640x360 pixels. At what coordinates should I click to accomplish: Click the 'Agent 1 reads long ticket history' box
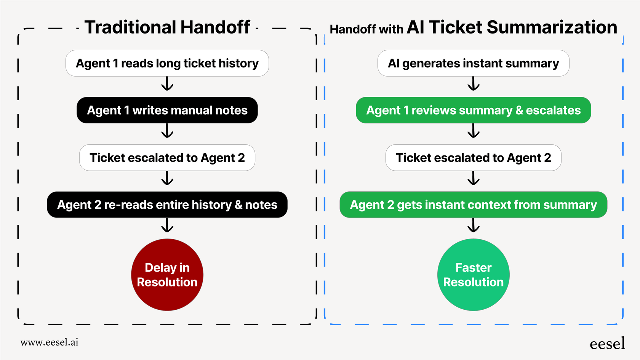[x=167, y=63]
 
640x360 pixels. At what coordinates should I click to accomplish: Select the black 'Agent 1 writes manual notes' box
[x=167, y=110]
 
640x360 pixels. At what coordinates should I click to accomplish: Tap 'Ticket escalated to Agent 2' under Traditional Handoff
[x=167, y=157]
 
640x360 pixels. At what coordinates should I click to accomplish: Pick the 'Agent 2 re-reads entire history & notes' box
[x=167, y=205]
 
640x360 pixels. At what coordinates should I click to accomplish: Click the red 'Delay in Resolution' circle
[x=167, y=275]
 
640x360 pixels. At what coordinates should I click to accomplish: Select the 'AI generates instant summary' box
[x=473, y=63]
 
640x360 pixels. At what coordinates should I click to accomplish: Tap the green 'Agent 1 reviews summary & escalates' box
[x=473, y=110]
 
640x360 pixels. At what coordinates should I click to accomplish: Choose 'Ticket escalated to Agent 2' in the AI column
[x=473, y=157]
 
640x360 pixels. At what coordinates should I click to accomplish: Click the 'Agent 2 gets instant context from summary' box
[x=473, y=205]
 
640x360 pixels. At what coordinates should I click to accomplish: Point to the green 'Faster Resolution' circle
[x=473, y=275]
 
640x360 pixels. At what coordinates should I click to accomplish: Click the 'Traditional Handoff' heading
[x=167, y=27]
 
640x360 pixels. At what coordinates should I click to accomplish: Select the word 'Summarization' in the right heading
[x=552, y=27]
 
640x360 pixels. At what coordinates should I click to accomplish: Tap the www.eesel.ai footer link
[x=50, y=342]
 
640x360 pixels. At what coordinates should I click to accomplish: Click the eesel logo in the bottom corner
[x=607, y=344]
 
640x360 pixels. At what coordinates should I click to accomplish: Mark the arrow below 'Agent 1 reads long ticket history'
[x=167, y=84]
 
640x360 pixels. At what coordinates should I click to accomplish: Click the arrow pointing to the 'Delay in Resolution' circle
[x=167, y=225]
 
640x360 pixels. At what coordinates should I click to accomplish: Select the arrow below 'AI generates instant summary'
[x=473, y=84]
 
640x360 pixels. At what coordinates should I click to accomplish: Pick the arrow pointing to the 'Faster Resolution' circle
[x=473, y=225]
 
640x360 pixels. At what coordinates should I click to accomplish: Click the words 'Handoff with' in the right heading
[x=366, y=29]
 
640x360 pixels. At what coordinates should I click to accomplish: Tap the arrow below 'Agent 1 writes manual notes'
[x=167, y=131]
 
